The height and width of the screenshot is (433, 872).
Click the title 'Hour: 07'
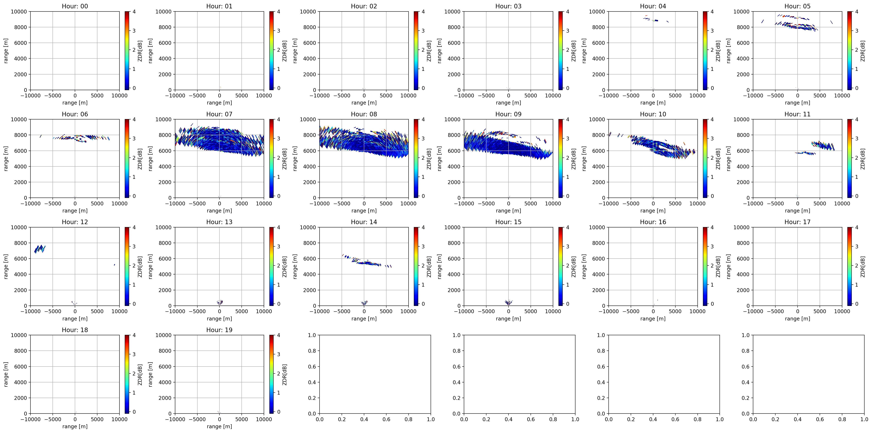[x=219, y=114]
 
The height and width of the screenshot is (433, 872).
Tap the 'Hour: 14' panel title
[x=364, y=222]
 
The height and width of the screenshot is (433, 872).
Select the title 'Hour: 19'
[x=219, y=330]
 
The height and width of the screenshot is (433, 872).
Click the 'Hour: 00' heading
[x=75, y=6]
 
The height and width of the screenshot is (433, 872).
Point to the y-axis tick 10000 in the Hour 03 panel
[x=452, y=11]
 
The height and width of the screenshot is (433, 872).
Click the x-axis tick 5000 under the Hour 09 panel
[x=530, y=204]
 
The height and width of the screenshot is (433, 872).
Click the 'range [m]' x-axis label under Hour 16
[x=653, y=318]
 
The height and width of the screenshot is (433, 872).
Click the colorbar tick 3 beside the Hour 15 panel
[x=568, y=246]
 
